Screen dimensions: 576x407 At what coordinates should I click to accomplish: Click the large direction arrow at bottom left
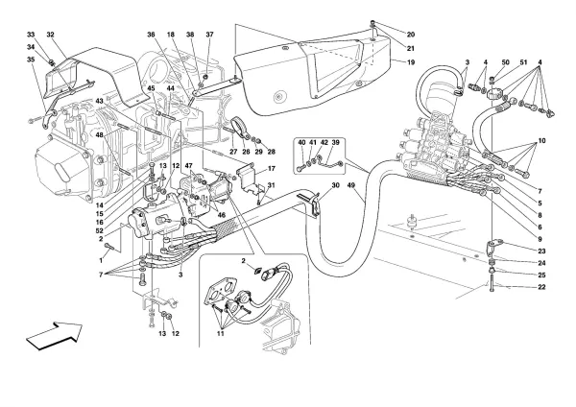55,335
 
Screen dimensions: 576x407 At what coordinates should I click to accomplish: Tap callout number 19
411,62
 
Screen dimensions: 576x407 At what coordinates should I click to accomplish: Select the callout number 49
350,185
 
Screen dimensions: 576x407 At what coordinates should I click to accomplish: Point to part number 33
31,35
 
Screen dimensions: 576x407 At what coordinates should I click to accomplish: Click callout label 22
541,287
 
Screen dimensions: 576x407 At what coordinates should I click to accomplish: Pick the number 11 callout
220,333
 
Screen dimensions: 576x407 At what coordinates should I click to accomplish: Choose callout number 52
100,230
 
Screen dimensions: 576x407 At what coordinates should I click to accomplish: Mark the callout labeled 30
335,185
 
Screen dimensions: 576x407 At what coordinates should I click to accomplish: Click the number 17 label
271,169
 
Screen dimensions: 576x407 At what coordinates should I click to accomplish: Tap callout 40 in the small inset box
301,142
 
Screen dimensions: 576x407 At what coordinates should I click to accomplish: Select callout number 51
523,62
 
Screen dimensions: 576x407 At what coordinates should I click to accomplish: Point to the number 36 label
151,35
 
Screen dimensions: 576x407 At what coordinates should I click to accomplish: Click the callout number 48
99,134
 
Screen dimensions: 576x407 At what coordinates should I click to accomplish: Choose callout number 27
234,152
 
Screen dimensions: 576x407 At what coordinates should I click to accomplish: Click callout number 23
541,251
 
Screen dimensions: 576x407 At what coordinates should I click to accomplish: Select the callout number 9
540,239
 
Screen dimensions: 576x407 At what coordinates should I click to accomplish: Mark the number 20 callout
411,35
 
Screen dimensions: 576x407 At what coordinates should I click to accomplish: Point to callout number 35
31,59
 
